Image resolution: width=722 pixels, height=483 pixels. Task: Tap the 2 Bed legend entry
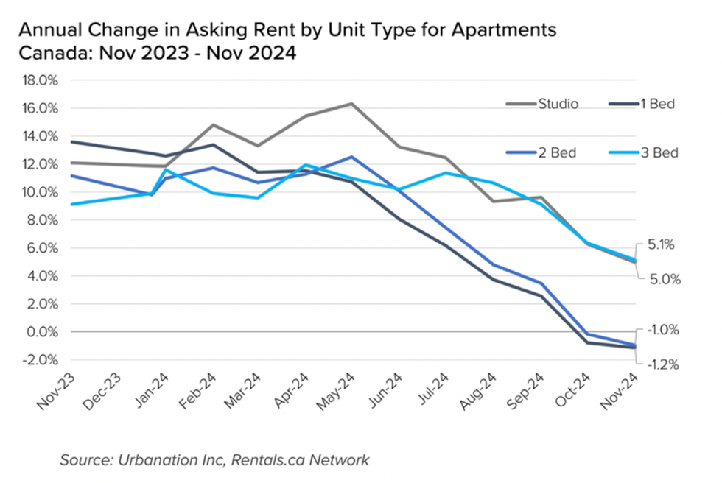(x=557, y=153)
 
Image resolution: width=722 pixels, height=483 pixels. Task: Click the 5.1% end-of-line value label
(x=660, y=244)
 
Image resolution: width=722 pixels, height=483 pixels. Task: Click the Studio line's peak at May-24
(x=351, y=104)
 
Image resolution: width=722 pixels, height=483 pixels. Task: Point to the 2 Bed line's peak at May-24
(x=351, y=157)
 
